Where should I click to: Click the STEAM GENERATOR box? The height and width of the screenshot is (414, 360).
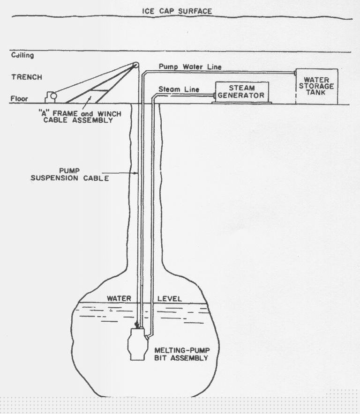[x=242, y=92]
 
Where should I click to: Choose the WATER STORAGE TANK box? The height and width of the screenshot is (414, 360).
[x=317, y=86]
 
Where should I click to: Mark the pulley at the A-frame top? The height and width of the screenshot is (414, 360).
[x=135, y=65]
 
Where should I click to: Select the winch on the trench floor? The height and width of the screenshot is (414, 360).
[x=51, y=97]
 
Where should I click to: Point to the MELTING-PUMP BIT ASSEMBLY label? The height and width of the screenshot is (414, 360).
[x=181, y=354]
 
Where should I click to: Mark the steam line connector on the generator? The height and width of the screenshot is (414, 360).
[x=213, y=96]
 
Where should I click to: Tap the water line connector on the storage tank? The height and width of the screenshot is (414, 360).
[x=295, y=73]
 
